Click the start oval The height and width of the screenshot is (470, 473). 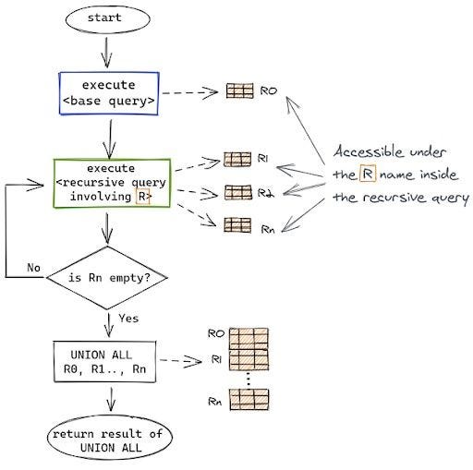[x=111, y=18]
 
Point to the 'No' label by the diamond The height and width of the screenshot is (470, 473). [x=34, y=268]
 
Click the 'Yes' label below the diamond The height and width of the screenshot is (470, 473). [x=129, y=319]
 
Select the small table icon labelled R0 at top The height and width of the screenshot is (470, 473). [x=239, y=91]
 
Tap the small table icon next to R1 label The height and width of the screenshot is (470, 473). [x=236, y=160]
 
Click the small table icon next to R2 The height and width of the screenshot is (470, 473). [x=238, y=192]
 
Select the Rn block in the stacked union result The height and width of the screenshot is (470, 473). [x=248, y=399]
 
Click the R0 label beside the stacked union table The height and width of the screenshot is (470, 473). [x=218, y=332]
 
